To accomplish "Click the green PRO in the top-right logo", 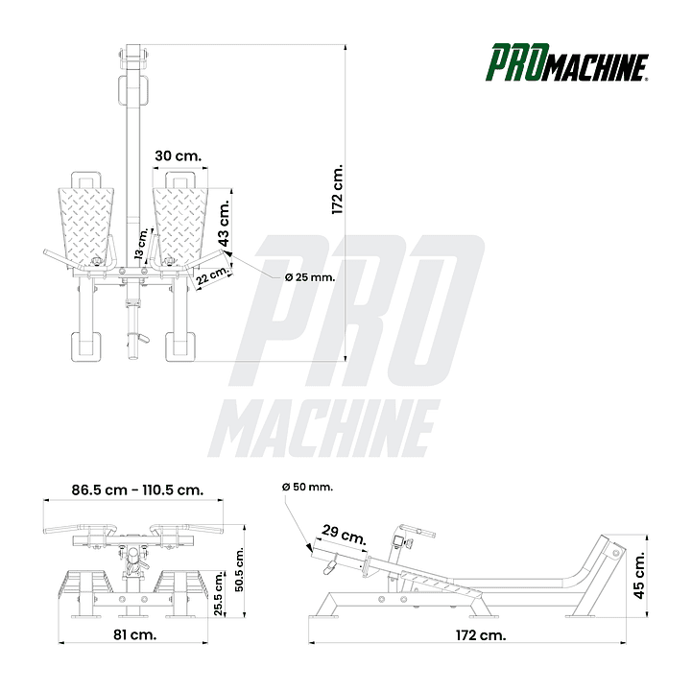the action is click(517, 62).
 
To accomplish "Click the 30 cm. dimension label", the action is click(179, 155).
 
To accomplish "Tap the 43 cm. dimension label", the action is click(224, 223).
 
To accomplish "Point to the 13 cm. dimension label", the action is click(141, 244).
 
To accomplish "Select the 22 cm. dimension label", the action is click(213, 276).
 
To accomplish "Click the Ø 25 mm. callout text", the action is click(310, 277).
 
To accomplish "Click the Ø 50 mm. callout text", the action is click(307, 488).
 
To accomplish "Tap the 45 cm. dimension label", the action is click(638, 575).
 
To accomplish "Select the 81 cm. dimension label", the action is click(135, 634).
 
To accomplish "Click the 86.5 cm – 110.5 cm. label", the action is click(137, 489).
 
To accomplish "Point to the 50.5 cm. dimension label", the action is click(239, 569).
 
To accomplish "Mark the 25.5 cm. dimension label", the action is click(219, 593).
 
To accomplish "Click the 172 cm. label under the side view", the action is click(481, 635).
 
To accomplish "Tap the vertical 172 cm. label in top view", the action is click(337, 190).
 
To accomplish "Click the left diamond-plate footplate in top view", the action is click(86, 226).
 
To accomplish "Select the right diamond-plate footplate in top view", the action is click(180, 226).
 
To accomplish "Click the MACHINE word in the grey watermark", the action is click(324, 428).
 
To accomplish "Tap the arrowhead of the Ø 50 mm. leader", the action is click(309, 548).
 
